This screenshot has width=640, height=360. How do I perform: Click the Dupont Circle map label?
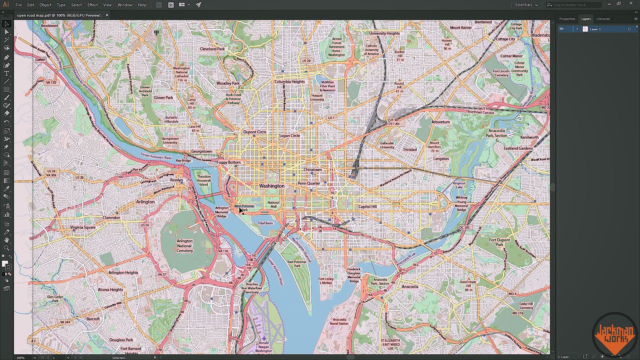pyautogui.click(x=255, y=132)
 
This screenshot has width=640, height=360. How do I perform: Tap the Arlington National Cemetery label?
pyautogui.click(x=185, y=246)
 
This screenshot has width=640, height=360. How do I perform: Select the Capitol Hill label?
pyautogui.click(x=367, y=207)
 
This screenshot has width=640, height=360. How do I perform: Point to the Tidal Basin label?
pyautogui.click(x=265, y=223)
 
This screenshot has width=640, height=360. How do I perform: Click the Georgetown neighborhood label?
pyautogui.click(x=202, y=151)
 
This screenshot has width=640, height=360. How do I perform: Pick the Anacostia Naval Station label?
pyautogui.click(x=339, y=321)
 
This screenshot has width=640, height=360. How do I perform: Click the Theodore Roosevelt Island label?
pyautogui.click(x=204, y=180)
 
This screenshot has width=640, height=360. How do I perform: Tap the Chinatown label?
pyautogui.click(x=313, y=170)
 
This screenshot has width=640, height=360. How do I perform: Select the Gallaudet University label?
pyautogui.click(x=387, y=145)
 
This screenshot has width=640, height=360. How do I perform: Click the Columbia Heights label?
pyautogui.click(x=289, y=82)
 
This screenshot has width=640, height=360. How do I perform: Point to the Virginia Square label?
pyautogui.click(x=83, y=227)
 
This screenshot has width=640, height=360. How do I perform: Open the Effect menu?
pyautogui.click(x=92, y=5)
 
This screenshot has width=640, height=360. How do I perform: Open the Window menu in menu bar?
pyautogui.click(x=125, y=5)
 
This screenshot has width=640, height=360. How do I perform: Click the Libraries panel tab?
pyautogui.click(x=603, y=19)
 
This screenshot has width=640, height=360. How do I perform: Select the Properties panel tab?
pyautogui.click(x=567, y=19)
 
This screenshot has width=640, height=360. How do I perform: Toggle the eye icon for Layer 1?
pyautogui.click(x=561, y=29)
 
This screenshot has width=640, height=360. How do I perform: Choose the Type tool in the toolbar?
pyautogui.click(x=6, y=74)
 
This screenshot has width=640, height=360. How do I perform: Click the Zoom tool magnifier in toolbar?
pyautogui.click(x=6, y=248)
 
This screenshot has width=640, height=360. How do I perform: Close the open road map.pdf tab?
pyautogui.click(x=107, y=15)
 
